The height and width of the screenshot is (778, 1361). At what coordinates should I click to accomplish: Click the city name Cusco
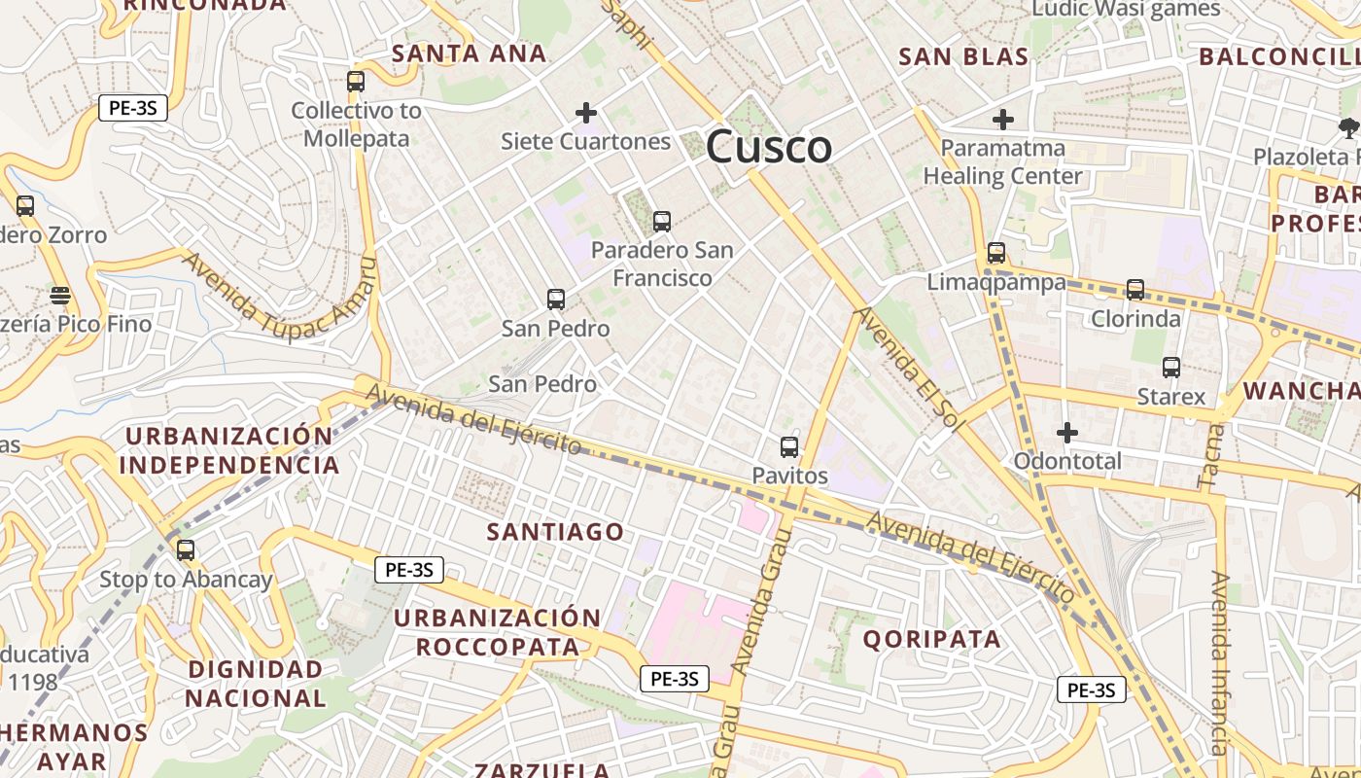[x=769, y=148]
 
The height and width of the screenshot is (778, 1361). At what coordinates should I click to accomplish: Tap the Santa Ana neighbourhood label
[x=469, y=54]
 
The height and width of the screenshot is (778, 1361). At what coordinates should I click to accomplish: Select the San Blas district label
[x=963, y=57]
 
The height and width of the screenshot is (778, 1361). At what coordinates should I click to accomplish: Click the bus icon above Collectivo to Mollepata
[x=356, y=82]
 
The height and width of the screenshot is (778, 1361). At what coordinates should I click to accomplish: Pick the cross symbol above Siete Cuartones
[x=586, y=114]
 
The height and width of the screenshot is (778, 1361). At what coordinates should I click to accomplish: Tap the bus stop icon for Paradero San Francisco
[x=662, y=222]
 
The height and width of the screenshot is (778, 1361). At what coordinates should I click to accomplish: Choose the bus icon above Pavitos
[x=789, y=447]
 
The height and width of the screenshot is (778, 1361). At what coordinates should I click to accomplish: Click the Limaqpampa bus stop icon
[x=996, y=253]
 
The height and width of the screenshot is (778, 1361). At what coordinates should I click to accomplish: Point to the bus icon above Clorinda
[x=1135, y=290]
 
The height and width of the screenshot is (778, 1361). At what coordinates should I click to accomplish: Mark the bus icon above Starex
[x=1171, y=368]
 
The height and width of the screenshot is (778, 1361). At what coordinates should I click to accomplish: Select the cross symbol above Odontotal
[x=1067, y=432]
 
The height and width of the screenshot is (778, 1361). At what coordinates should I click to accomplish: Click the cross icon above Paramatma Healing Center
[x=1003, y=120]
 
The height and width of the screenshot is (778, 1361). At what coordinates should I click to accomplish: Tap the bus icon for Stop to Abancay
[x=186, y=550]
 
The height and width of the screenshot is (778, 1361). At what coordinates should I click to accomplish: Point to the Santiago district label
[x=555, y=532]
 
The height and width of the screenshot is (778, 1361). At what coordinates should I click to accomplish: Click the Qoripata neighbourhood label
[x=931, y=639]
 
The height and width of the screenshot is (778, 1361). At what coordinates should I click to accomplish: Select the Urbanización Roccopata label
[x=498, y=632]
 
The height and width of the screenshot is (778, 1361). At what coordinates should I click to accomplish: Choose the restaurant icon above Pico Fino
[x=60, y=294]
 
